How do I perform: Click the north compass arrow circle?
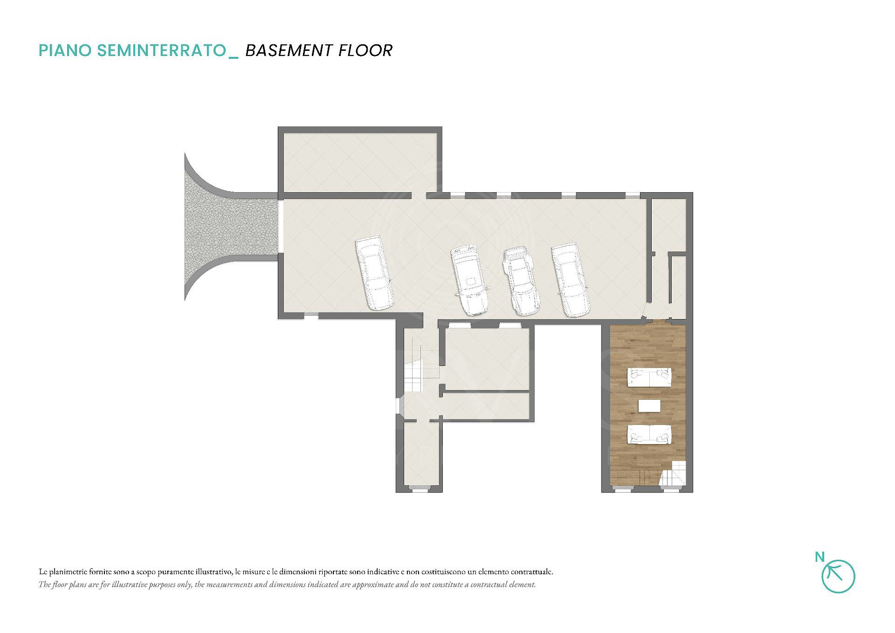(838, 577)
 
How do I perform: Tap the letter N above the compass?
(820, 556)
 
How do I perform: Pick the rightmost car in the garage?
(571, 280)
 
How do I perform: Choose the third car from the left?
(521, 281)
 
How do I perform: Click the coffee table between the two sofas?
(649, 405)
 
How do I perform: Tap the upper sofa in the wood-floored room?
(649, 377)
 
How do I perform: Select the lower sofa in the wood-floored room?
(649, 434)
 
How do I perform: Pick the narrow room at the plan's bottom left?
(418, 454)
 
